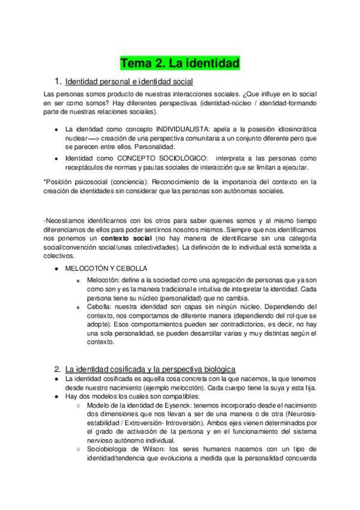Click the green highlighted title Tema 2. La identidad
tap(180, 63)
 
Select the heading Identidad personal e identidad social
tap(129, 81)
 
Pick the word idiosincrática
tap(291, 129)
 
